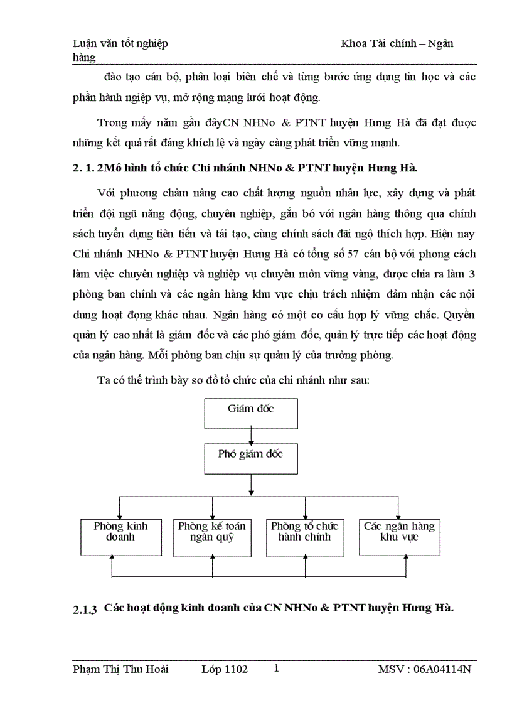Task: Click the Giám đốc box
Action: pos(251,413)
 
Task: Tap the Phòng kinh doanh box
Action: pos(119,537)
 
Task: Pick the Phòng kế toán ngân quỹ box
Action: pos(212,537)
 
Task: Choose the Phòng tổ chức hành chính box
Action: pos(305,537)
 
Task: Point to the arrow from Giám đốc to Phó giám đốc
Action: pos(251,436)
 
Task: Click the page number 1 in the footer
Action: pos(276,669)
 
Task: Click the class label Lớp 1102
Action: pos(225,669)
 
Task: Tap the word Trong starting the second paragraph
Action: pos(112,122)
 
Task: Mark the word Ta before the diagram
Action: pos(104,379)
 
